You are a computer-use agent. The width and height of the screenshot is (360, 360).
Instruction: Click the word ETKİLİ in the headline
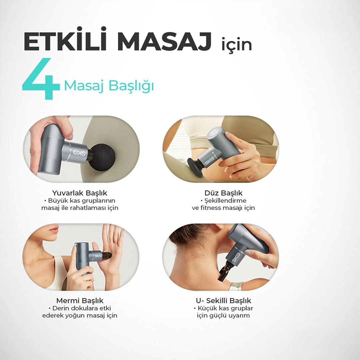[x=65, y=39]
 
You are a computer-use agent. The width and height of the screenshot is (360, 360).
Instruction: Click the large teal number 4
[x=41, y=79]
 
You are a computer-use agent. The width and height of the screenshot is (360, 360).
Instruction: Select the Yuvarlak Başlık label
[x=80, y=193]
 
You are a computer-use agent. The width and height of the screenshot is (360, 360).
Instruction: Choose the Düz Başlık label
[x=223, y=193]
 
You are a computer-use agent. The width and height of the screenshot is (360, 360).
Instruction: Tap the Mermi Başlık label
[x=80, y=301]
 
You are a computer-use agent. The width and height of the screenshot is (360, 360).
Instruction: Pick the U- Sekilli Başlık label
[x=223, y=301]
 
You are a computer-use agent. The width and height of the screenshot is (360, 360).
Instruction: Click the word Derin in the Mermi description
[x=60, y=308]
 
